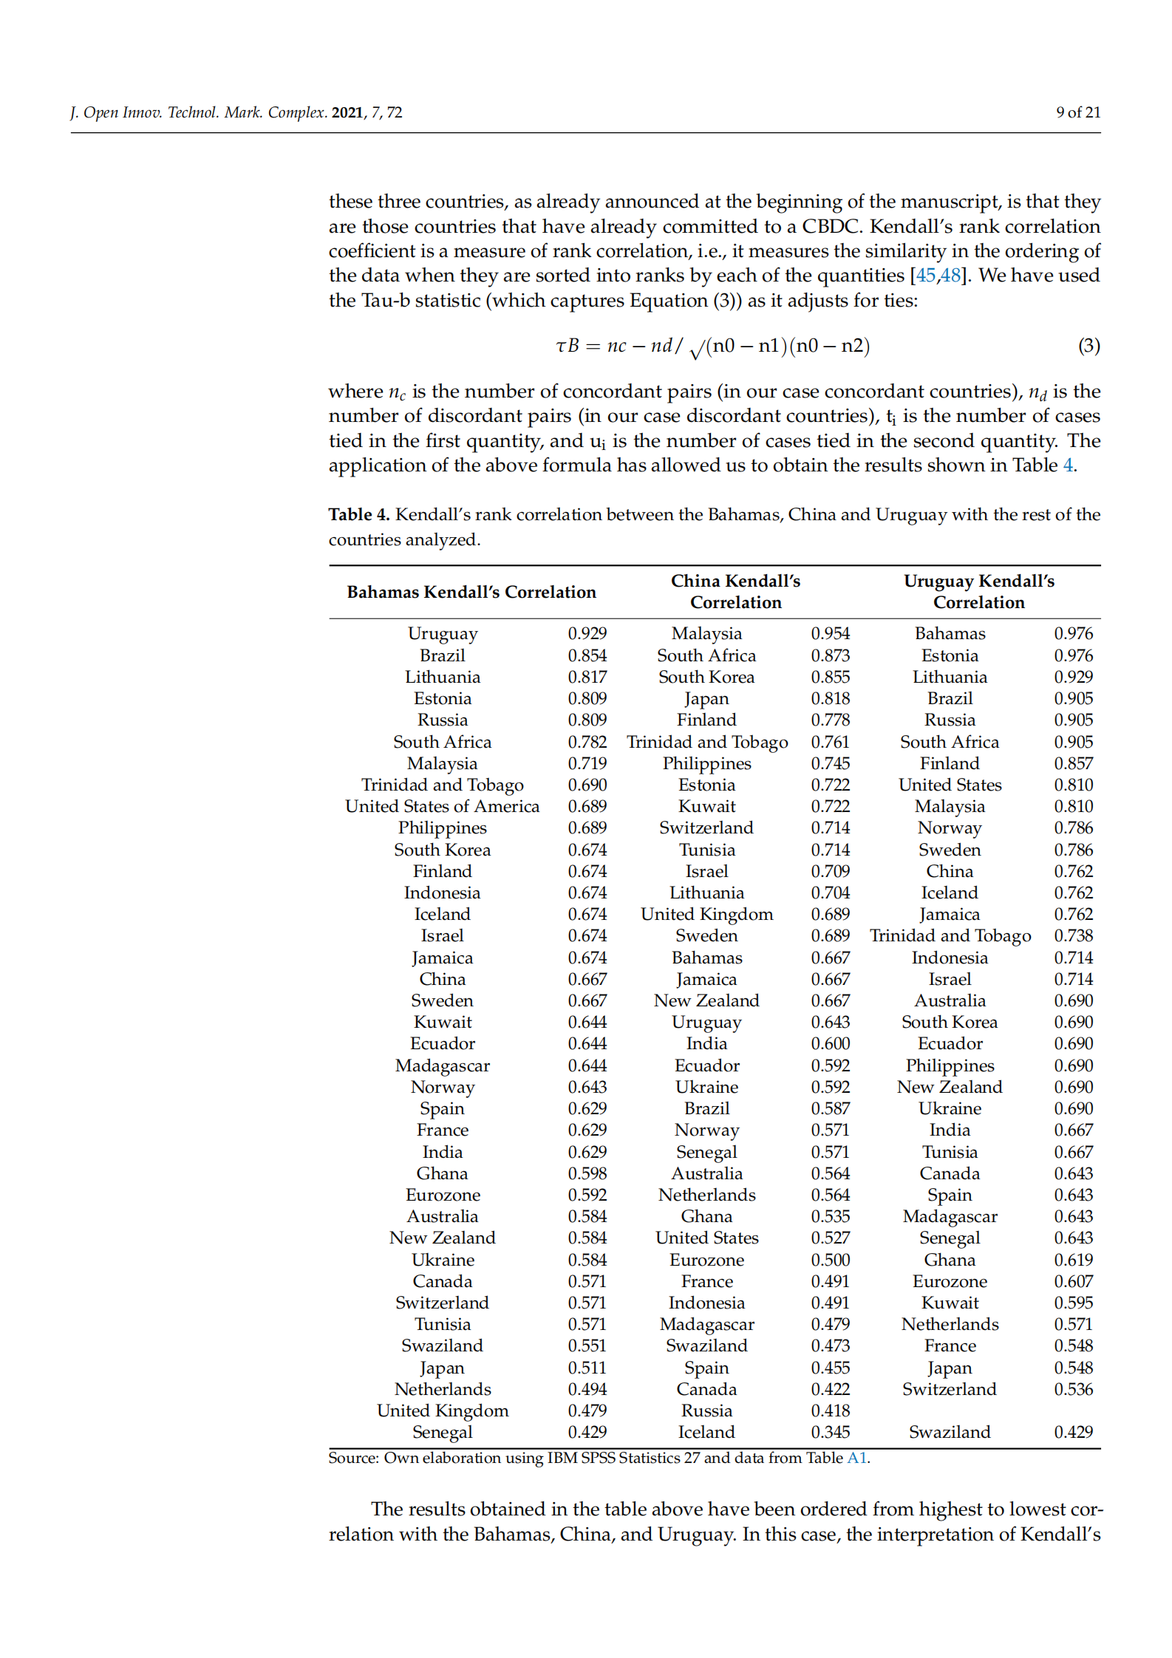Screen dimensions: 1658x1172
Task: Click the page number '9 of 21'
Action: (1077, 112)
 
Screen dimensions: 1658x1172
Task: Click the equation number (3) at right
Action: (1088, 346)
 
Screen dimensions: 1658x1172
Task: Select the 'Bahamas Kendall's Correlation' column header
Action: (471, 592)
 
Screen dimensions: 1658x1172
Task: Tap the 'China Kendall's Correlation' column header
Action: (735, 592)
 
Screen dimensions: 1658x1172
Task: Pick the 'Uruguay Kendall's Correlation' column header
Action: (978, 592)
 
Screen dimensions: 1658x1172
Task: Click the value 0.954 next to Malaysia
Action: (830, 633)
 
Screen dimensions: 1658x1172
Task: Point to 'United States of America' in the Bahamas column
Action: (442, 806)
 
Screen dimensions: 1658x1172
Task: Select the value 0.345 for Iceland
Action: (830, 1432)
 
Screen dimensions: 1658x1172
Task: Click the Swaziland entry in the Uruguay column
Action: (949, 1432)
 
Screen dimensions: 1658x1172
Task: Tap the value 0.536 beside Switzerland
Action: (1073, 1389)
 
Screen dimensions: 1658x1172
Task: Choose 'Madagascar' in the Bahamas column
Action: (442, 1065)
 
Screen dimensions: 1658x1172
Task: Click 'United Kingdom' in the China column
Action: (706, 914)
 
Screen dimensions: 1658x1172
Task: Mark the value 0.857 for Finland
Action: (1073, 763)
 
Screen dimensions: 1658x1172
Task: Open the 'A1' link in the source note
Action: (856, 1458)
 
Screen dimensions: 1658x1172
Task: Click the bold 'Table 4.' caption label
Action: (358, 514)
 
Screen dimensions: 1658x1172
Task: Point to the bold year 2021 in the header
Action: (347, 112)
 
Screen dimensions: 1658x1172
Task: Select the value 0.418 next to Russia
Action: (830, 1410)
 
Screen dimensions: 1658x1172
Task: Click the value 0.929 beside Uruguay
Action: (587, 633)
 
